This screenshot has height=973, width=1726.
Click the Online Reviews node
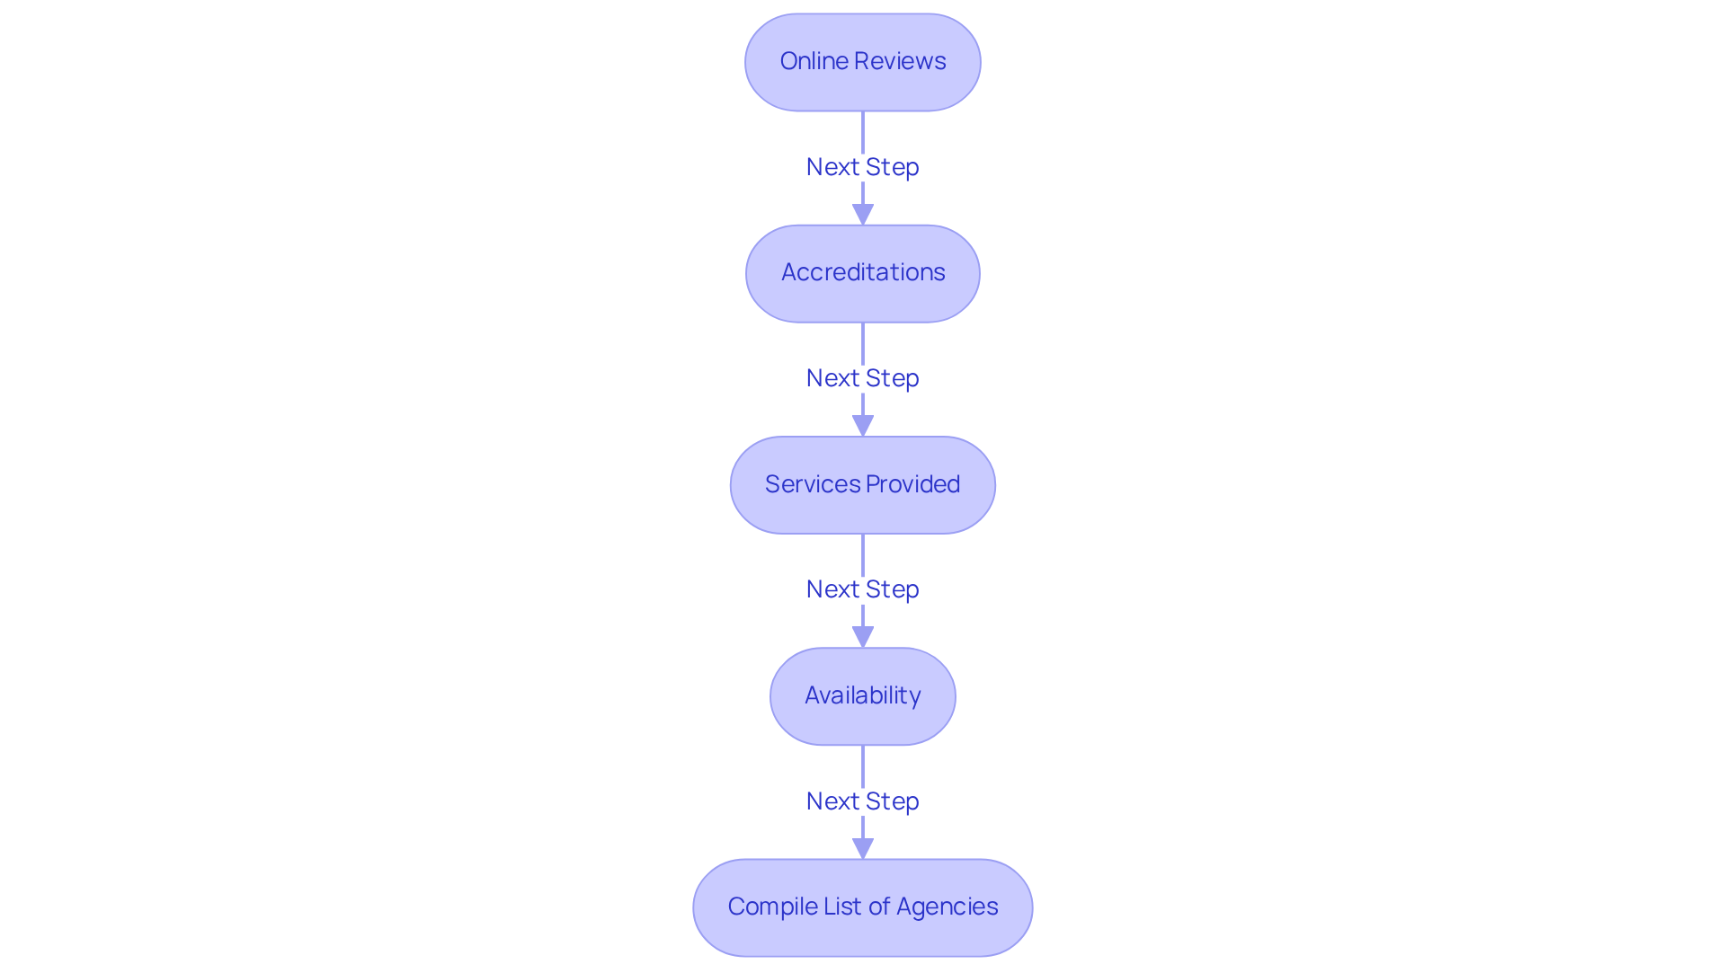[x=862, y=62]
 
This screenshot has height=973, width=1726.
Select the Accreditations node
[x=862, y=273]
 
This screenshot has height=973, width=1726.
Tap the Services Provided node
[x=862, y=485]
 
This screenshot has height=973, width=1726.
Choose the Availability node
[x=862, y=696]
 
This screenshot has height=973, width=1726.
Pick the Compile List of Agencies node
[x=862, y=907]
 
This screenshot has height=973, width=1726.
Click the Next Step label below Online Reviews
[x=862, y=167]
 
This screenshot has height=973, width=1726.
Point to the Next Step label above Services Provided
[x=862, y=378]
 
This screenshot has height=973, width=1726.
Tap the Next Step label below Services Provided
[x=862, y=589]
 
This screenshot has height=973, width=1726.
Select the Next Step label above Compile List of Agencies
[x=862, y=801]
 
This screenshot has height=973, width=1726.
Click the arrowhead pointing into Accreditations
[x=863, y=215]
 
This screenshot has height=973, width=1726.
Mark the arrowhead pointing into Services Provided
[x=863, y=426]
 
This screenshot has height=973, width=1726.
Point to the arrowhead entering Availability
[x=863, y=637]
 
